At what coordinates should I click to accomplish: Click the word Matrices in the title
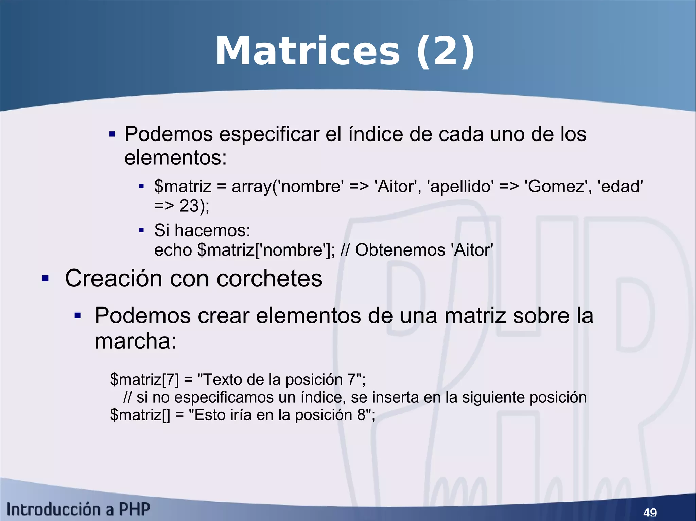pyautogui.click(x=308, y=52)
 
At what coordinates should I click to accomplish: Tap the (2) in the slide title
pyautogui.click(x=446, y=52)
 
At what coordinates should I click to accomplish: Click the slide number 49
pyautogui.click(x=650, y=512)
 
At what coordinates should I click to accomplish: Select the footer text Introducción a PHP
pyautogui.click(x=79, y=509)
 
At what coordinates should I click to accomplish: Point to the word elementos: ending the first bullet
pyautogui.click(x=175, y=158)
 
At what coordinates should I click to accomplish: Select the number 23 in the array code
pyautogui.click(x=189, y=206)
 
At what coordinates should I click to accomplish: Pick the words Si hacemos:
pyautogui.click(x=202, y=230)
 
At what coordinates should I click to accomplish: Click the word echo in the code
pyautogui.click(x=173, y=250)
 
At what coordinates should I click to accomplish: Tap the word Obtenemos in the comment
pyautogui.click(x=400, y=250)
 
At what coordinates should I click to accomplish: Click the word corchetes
pyautogui.click(x=269, y=278)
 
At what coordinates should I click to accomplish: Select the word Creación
pyautogui.click(x=114, y=278)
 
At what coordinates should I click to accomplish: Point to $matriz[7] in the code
pyautogui.click(x=144, y=379)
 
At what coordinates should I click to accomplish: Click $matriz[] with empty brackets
pyautogui.click(x=140, y=415)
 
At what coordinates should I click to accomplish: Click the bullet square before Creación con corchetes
pyautogui.click(x=45, y=279)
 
